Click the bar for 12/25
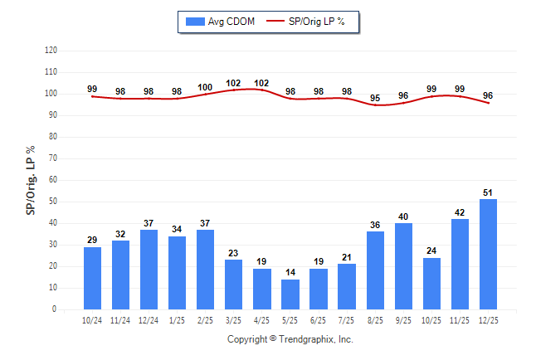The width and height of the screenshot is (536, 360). pyautogui.click(x=489, y=254)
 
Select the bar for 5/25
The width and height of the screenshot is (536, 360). pyautogui.click(x=290, y=294)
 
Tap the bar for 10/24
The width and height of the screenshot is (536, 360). pyautogui.click(x=93, y=278)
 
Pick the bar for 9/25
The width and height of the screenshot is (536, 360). pyautogui.click(x=403, y=266)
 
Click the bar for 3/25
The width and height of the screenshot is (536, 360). pyautogui.click(x=234, y=285)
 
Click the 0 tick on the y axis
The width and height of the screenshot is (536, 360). pyautogui.click(x=54, y=309)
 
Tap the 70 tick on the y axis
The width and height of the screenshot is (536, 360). pyautogui.click(x=52, y=158)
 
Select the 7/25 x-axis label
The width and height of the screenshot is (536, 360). pyautogui.click(x=347, y=320)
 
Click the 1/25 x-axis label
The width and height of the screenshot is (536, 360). pyautogui.click(x=178, y=320)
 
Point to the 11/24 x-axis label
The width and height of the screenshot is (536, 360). pyautogui.click(x=121, y=320)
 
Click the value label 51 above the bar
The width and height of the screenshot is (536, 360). pyautogui.click(x=489, y=192)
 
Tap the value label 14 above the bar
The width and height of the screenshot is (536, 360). pyautogui.click(x=290, y=272)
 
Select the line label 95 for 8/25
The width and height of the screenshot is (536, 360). pyautogui.click(x=375, y=98)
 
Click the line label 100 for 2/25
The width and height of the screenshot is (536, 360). pyautogui.click(x=206, y=87)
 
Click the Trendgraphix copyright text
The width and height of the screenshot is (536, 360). pyautogui.click(x=290, y=339)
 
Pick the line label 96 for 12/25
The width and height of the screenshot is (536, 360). pyautogui.click(x=489, y=95)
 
